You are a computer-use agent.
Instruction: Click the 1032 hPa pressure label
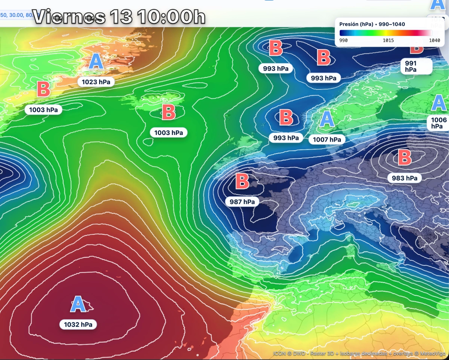pos(78,324)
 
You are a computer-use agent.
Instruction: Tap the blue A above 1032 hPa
pos(78,304)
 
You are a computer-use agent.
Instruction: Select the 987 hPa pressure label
pos(242,201)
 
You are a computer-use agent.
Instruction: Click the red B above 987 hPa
pos(242,181)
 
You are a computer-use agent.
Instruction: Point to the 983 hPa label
pos(404,178)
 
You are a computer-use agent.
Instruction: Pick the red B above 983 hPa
pos(404,158)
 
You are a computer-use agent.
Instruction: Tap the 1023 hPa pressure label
pos(96,82)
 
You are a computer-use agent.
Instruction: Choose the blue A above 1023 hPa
pos(96,62)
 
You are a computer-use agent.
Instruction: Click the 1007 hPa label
pos(326,139)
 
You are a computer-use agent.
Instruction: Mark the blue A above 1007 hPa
pos(327,119)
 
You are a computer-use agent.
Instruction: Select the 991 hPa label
pos(410,66)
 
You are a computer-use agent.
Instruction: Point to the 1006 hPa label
pos(439,123)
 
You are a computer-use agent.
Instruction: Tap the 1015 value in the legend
pos(388,40)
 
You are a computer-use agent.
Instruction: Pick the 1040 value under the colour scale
pos(434,40)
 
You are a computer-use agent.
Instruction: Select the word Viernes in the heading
pos(69,16)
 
